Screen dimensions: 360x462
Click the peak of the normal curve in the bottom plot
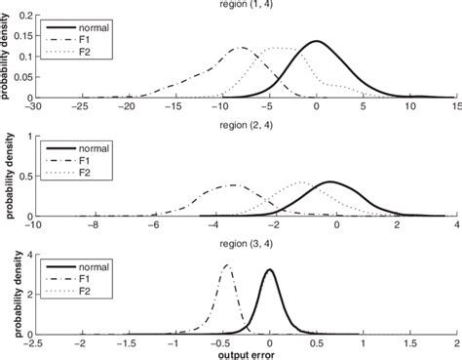pos(270,270)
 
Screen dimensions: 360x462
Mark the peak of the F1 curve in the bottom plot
pos(227,265)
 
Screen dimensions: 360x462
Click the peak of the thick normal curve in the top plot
pos(317,41)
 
